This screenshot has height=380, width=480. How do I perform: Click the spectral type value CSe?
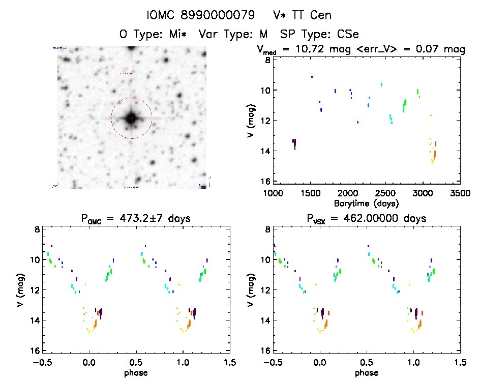click(349, 35)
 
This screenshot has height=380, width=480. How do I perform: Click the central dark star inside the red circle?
click(131, 118)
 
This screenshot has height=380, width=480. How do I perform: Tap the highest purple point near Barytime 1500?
click(312, 77)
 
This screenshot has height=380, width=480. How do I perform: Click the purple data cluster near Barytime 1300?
click(294, 143)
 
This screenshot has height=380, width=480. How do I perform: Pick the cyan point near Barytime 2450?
click(381, 84)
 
